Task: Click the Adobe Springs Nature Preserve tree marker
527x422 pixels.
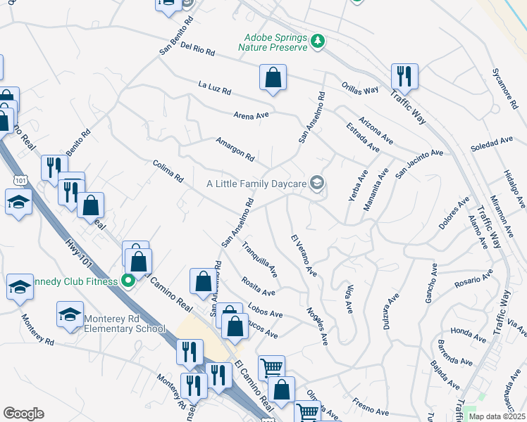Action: [318, 41]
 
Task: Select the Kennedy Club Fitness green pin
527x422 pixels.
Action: [128, 281]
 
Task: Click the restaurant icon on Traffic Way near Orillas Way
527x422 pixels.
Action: [404, 76]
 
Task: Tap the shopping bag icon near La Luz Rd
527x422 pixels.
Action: [273, 78]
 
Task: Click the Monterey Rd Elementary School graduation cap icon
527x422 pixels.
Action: [70, 314]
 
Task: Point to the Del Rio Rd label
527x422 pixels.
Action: [197, 49]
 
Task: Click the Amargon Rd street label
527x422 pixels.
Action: [235, 149]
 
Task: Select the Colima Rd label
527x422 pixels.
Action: [168, 173]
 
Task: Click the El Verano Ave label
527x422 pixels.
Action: [304, 255]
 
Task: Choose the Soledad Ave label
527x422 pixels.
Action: [492, 146]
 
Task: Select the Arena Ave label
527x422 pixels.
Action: [252, 115]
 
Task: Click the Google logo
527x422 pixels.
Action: [23, 414]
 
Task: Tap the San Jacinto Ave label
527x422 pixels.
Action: [418, 163]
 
